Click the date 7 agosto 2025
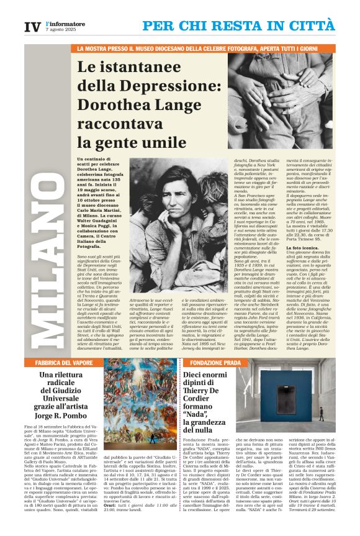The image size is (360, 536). click(x=59, y=30)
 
